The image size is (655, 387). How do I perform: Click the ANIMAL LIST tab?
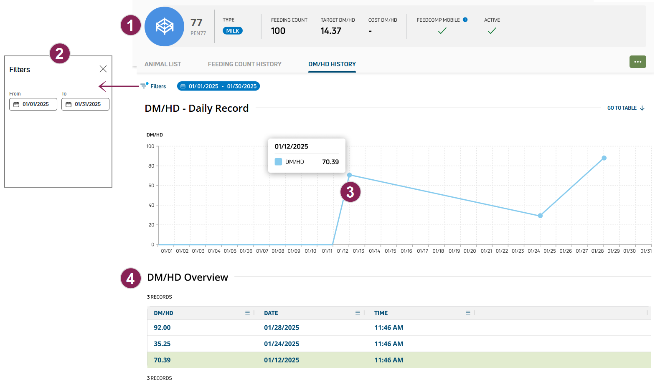tap(162, 64)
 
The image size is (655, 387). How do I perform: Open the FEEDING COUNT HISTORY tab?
tap(244, 64)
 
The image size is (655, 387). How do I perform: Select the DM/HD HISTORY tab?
tap(332, 64)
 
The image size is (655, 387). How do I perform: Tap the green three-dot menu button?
tap(637, 62)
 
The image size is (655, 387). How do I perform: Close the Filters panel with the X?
tap(103, 69)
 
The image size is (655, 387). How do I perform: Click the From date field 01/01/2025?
tap(33, 104)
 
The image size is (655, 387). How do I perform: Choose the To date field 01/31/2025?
tap(85, 104)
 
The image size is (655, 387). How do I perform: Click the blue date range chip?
tap(218, 86)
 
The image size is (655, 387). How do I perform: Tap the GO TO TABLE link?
tap(625, 108)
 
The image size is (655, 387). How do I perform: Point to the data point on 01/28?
tap(604, 158)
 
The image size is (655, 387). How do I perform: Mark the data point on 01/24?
tap(540, 216)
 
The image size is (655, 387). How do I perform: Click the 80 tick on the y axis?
tap(151, 166)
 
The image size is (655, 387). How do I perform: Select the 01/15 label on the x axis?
tap(390, 251)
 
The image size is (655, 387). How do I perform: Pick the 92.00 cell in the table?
tap(162, 328)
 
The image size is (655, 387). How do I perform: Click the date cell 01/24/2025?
tap(282, 344)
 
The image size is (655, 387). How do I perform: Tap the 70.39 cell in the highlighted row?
tap(162, 360)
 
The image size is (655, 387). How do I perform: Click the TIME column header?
tap(381, 313)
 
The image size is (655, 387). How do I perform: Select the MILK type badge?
tap(233, 31)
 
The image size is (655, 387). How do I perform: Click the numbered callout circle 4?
tap(130, 279)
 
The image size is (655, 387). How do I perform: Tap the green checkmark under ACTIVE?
tap(492, 30)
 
